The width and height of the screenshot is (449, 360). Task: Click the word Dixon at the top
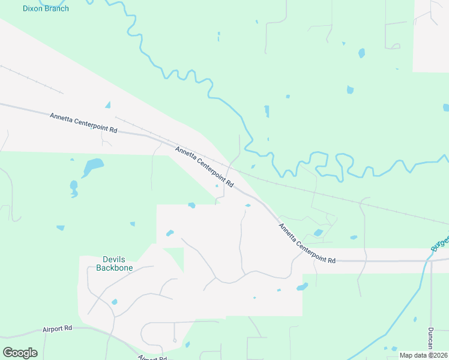[x=33, y=8]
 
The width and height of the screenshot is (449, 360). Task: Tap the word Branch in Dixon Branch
[x=57, y=8]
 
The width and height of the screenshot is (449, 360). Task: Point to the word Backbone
[x=115, y=268]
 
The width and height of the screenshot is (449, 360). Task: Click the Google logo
[x=20, y=352]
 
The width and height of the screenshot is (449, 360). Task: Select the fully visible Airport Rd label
[x=57, y=329]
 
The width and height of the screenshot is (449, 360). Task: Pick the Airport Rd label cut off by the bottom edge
[x=152, y=358]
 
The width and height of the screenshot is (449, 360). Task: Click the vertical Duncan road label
[x=430, y=339]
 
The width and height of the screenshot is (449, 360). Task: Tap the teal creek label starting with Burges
[x=439, y=240]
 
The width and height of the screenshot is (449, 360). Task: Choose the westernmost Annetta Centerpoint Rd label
[x=83, y=123]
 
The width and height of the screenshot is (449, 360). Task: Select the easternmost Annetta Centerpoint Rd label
[x=306, y=242]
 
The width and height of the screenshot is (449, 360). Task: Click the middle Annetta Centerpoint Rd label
[x=203, y=164]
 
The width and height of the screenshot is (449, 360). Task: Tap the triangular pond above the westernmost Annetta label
[x=107, y=105]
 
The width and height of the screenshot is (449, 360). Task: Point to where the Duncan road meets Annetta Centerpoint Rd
[x=430, y=261]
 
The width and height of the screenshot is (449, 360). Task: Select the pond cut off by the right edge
[x=445, y=108]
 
